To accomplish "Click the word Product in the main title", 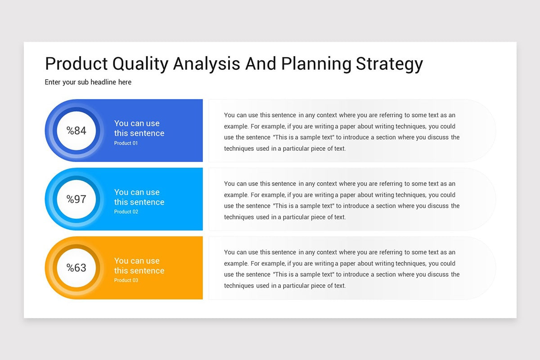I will (76, 63).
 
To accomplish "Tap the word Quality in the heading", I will (140, 63).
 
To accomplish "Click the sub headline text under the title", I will (88, 82).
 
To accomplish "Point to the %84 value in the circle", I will (76, 130).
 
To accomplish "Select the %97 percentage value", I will (76, 199).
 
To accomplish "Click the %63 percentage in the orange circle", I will (76, 268).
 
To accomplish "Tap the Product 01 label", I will (126, 143).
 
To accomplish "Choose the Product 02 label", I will (126, 211).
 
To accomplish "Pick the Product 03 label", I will (126, 280).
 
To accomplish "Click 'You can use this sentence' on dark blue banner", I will (139, 128).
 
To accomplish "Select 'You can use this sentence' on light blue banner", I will (139, 197).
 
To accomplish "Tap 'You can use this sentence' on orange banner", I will (139, 265).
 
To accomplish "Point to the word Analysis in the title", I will (207, 63).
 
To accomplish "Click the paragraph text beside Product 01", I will (342, 132).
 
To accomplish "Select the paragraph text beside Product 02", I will (342, 200).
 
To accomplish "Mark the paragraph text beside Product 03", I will (342, 269).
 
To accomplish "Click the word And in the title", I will (261, 63).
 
